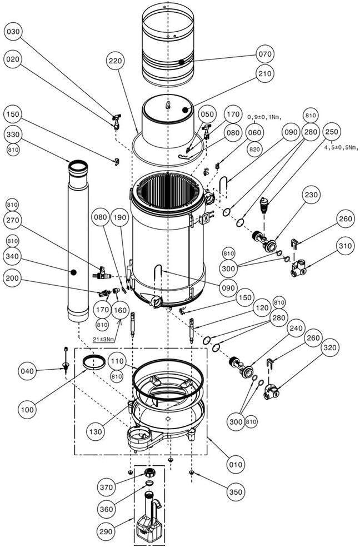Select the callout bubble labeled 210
pos(264,73)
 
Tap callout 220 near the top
pos(116,61)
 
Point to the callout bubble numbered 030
pos(13,32)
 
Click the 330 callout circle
pos(13,135)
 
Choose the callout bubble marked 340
pos(13,256)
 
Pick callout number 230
pos(311,195)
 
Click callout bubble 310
pos(345,246)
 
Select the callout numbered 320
pos(330,347)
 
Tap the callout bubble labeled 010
pos(235,465)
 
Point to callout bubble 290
pos(106,531)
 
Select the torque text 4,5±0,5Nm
pos(342,147)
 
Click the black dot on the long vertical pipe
pos(73,272)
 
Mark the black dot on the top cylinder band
pos(182,62)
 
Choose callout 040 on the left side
pos(27,371)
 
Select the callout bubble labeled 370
pos(106,487)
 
